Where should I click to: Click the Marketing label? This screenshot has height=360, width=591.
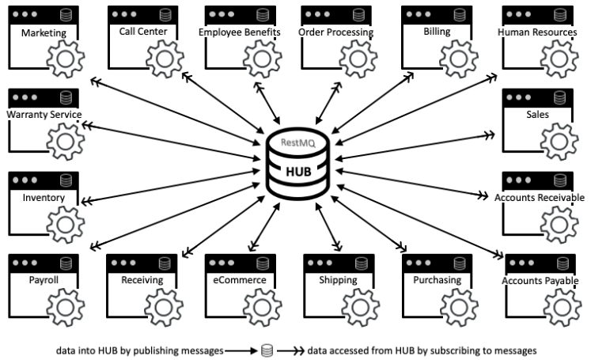tap(44, 33)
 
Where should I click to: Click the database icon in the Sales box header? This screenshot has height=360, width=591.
tap(560, 97)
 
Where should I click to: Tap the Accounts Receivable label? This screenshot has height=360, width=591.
tap(539, 197)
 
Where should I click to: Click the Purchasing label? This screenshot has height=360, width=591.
tap(437, 280)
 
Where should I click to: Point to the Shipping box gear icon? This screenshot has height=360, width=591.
tap(361, 305)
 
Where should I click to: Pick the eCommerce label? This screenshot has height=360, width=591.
tap(239, 280)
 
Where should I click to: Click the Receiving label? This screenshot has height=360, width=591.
tap(142, 280)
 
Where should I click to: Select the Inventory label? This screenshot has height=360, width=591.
tap(44, 197)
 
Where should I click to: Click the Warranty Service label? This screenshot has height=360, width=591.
tap(44, 115)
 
